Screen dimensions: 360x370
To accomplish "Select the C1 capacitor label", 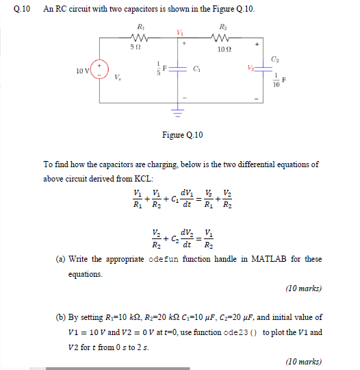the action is [x=197, y=69].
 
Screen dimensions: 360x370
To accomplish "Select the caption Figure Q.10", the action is [x=182, y=135].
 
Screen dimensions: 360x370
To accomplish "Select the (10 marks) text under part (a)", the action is [x=303, y=288].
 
